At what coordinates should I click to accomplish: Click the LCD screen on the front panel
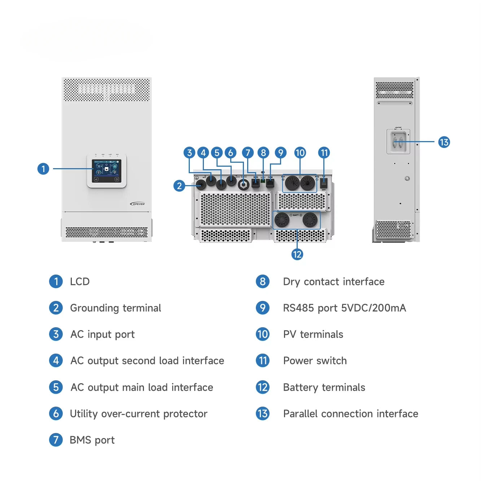(106, 171)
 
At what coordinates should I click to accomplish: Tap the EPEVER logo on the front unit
(137, 204)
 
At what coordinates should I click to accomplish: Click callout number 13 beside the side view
(444, 142)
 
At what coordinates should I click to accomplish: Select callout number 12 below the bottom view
(297, 254)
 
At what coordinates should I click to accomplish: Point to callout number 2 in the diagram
(179, 186)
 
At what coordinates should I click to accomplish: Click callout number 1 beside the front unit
(43, 169)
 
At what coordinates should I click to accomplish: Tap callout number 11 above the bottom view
(324, 153)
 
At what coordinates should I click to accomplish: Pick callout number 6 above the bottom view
(231, 153)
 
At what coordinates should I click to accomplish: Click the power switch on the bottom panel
(323, 182)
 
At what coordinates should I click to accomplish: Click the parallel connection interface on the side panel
(398, 141)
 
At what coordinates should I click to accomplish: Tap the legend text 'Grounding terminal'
(115, 308)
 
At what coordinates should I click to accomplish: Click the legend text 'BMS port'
(92, 440)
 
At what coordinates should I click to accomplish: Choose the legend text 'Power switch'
(315, 360)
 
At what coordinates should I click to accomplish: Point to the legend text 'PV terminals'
(313, 334)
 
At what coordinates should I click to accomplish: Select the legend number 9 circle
(263, 308)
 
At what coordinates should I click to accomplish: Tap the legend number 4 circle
(56, 360)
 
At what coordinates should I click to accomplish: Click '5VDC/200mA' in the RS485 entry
(373, 308)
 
